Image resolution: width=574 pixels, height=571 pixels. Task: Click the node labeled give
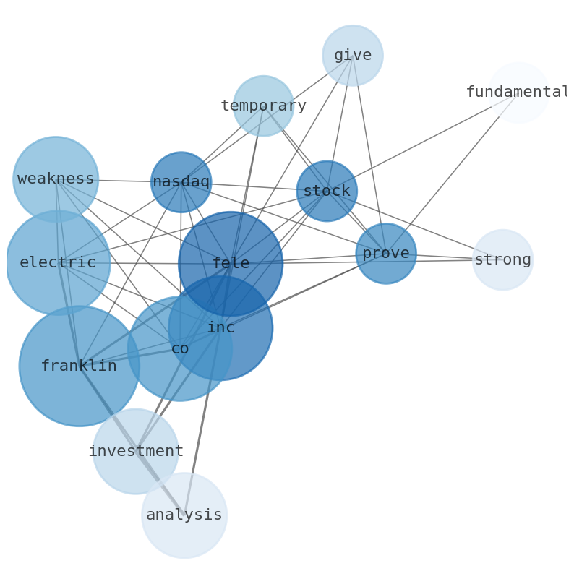352,55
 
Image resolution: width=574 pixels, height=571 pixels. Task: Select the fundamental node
518,93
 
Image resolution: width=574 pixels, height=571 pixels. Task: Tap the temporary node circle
263,106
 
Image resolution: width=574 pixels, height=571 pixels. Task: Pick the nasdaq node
181,181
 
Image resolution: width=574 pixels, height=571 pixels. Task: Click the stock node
327,191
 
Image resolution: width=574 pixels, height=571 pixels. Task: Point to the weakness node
56,179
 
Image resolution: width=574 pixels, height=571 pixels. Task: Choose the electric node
58,262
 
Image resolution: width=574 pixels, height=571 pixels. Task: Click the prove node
386,253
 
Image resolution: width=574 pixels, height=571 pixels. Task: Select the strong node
502,259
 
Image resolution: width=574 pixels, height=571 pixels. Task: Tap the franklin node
79,366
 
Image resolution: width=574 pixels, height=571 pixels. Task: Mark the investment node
135,451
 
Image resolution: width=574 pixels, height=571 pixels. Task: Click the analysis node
184,515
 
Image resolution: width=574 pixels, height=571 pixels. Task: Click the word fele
231,264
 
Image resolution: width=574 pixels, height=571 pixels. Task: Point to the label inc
220,327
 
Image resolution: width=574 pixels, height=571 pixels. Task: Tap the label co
180,348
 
